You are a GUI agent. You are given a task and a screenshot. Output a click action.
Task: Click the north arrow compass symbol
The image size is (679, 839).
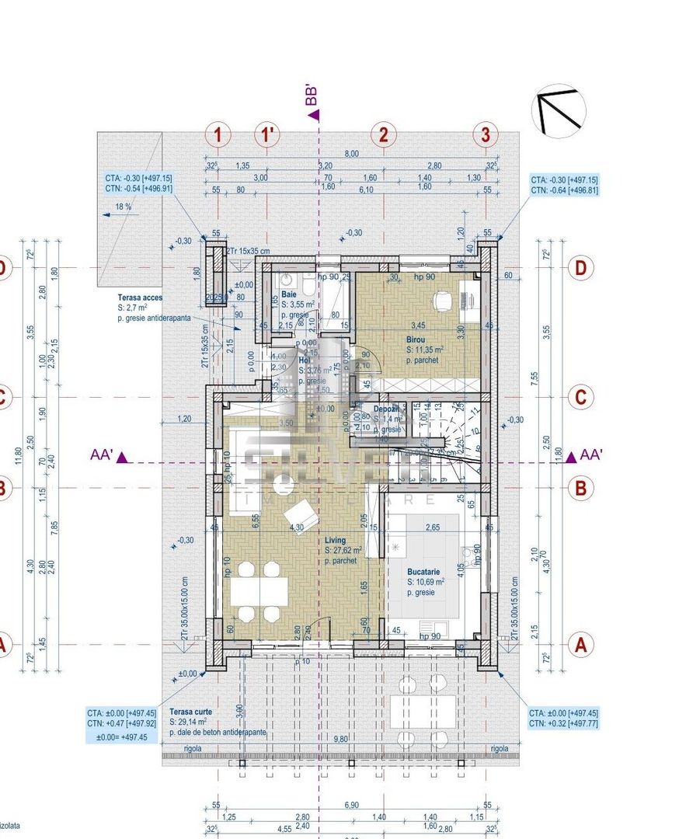(558, 110)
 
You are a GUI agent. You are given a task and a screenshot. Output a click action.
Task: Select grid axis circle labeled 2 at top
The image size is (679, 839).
(382, 134)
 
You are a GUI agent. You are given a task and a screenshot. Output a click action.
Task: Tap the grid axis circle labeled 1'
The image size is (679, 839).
(268, 134)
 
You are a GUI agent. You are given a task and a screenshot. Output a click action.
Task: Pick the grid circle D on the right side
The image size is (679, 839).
(580, 269)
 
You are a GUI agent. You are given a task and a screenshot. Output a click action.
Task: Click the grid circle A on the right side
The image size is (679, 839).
(580, 644)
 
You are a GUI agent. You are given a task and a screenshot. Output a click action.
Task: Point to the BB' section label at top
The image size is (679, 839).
(312, 96)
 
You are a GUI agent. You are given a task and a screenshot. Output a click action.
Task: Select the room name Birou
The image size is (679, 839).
(416, 340)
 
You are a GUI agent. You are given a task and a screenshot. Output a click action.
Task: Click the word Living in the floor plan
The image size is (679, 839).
(336, 540)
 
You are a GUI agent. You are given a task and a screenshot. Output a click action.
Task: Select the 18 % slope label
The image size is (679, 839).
(123, 207)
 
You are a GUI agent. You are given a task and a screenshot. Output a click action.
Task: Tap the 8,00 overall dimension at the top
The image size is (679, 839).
(351, 154)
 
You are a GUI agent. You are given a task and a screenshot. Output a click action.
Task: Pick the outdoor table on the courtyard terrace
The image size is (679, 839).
(423, 709)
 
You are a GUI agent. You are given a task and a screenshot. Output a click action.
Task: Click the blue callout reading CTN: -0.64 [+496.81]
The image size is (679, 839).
(564, 190)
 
